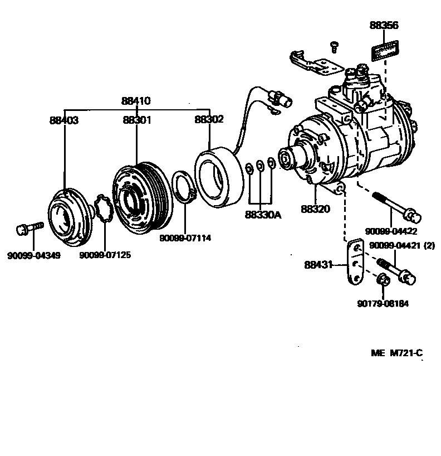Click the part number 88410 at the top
(x=136, y=101)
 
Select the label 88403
(x=63, y=120)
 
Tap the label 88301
(x=136, y=120)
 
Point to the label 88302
(x=209, y=119)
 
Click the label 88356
(x=384, y=25)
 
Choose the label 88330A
(x=262, y=214)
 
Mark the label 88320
(x=315, y=209)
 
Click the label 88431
(x=318, y=265)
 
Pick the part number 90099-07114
(x=185, y=238)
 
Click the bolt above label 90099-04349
(x=29, y=229)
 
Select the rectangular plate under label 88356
(x=384, y=51)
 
